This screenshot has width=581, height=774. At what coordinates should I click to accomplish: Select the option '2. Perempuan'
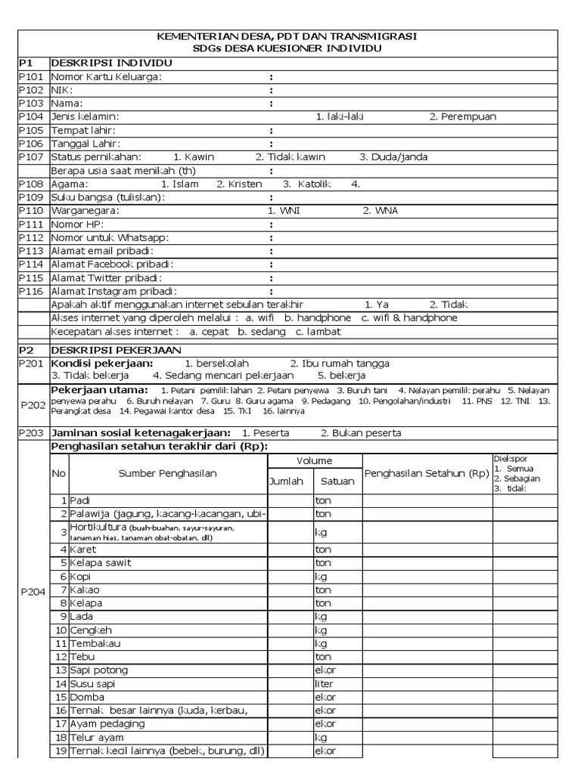(463, 116)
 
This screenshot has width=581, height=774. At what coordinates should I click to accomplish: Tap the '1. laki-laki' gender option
(340, 116)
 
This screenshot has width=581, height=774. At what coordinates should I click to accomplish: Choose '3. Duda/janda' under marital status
(393, 157)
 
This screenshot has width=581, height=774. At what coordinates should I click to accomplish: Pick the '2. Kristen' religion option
(239, 184)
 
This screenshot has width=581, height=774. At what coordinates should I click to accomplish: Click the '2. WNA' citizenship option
(380, 211)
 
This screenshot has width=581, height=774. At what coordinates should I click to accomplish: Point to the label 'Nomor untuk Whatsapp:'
(110, 237)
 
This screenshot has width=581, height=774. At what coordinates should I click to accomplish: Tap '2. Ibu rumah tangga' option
(340, 363)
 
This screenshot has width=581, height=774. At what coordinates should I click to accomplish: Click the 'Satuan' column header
(337, 481)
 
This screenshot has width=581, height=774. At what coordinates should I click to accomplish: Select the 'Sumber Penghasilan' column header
(167, 474)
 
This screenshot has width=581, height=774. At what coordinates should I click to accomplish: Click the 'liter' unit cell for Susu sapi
(324, 683)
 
